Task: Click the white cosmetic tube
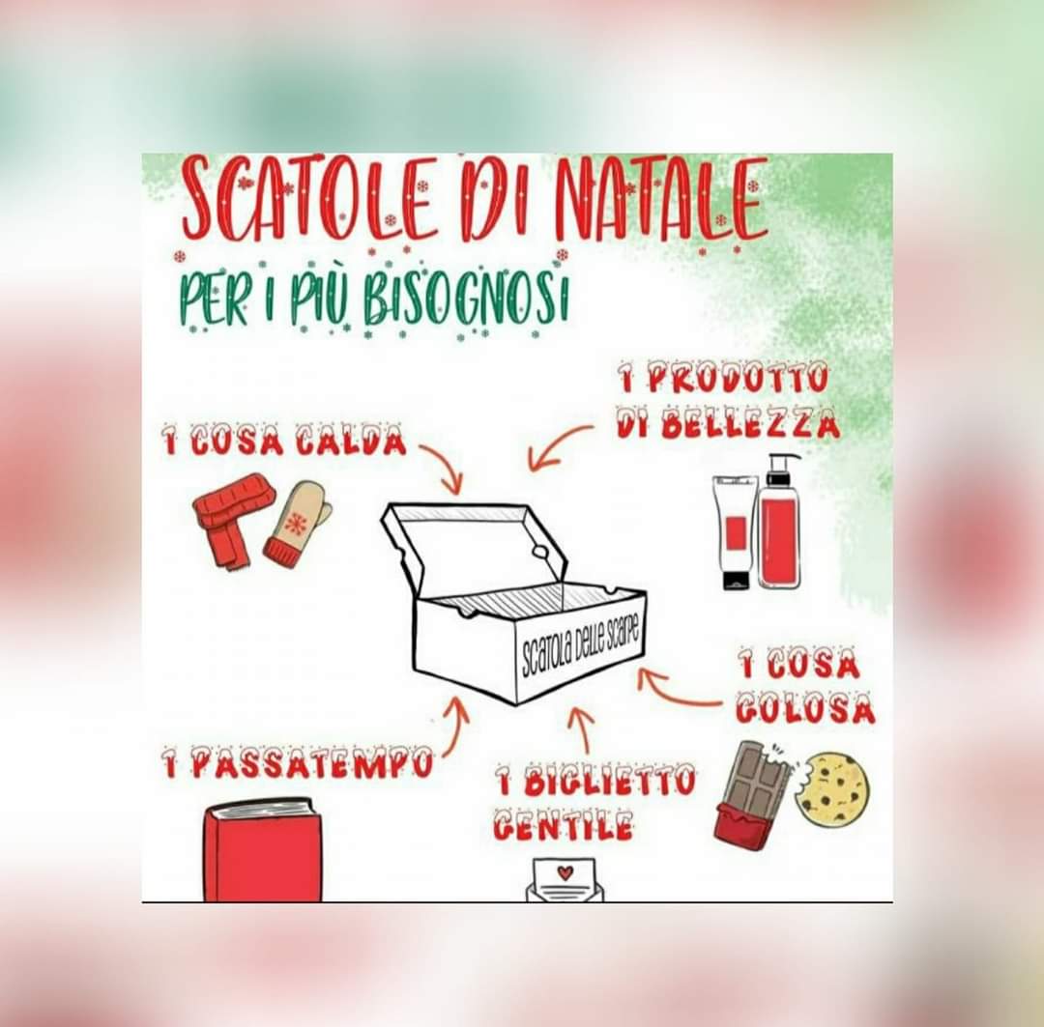tap(735, 531)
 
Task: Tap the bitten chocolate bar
tap(752, 795)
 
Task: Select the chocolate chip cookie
tap(833, 790)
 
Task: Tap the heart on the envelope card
tap(565, 871)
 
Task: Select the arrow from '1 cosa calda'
tap(445, 464)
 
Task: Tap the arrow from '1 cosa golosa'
tap(673, 692)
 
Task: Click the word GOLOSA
tap(805, 708)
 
